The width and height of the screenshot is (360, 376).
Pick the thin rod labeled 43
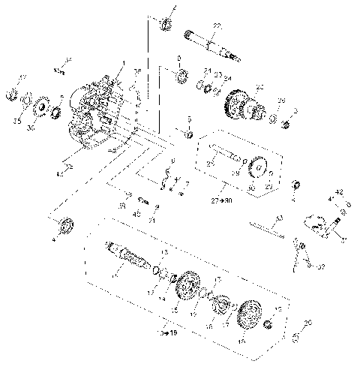point(266,227)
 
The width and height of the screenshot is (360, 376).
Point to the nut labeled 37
point(13,94)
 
